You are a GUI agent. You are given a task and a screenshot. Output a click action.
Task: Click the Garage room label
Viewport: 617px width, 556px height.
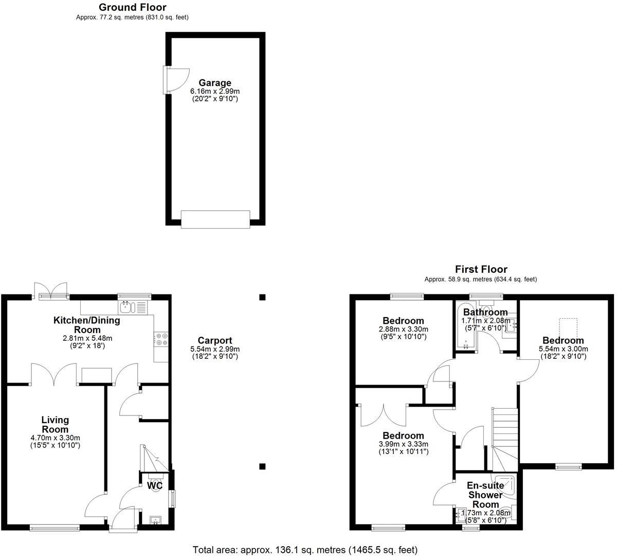coord(215,83)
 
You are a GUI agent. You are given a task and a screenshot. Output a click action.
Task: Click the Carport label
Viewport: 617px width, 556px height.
coord(215,340)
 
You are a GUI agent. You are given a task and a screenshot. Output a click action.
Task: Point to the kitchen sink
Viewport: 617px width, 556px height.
coord(126,308)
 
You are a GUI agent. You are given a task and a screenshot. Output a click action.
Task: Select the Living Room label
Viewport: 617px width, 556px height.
coord(55,425)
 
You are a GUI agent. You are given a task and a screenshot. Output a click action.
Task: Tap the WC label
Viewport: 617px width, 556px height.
coord(155,485)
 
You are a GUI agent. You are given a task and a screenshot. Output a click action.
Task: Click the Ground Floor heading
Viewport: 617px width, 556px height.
coord(132,7)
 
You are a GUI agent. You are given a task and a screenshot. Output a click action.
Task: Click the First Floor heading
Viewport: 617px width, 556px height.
coord(481,269)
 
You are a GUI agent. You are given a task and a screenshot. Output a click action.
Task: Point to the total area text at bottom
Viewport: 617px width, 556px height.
coord(305,550)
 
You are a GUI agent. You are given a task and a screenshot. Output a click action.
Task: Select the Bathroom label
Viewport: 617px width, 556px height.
coord(485,312)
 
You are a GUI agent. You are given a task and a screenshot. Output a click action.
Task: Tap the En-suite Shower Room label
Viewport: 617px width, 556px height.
coord(485,495)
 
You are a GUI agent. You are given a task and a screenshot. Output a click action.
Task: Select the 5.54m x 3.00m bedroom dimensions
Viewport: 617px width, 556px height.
coord(564,349)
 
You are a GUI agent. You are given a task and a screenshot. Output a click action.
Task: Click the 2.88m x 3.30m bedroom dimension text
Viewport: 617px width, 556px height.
coord(403,329)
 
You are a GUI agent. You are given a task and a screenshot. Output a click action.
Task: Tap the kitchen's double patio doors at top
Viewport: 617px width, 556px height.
coord(50,291)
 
